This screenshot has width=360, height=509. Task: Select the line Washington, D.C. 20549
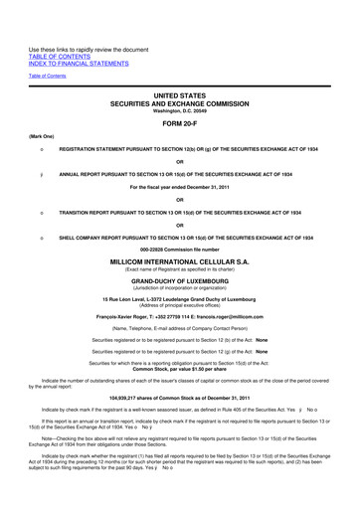[x=179, y=110]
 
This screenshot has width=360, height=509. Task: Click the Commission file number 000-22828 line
[x=179, y=249]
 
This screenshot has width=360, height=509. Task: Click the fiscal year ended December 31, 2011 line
[x=179, y=185]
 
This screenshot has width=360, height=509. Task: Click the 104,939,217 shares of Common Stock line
[x=179, y=396]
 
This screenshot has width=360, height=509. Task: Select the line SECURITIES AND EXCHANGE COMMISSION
[x=179, y=103]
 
